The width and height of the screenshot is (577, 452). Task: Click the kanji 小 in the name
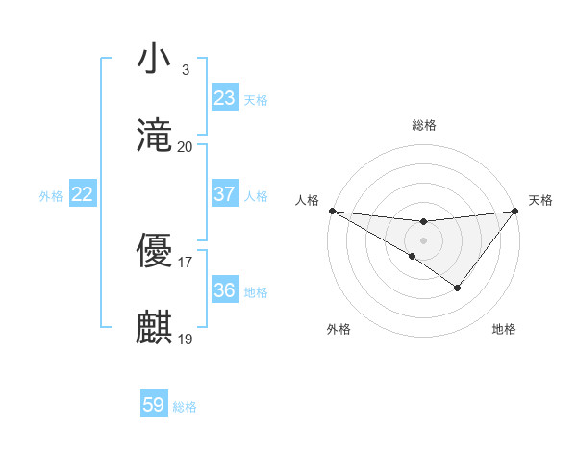point(155,60)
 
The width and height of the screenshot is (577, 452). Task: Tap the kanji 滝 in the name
point(155,136)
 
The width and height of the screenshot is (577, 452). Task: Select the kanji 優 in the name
point(155,249)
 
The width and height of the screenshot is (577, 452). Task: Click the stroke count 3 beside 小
point(185,70)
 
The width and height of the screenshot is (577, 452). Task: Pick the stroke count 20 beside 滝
point(185,147)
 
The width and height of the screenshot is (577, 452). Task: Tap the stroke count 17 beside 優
point(185,261)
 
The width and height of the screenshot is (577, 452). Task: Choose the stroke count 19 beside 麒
point(185,339)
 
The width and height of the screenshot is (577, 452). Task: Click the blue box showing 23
point(224,98)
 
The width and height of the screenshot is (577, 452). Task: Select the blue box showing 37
point(224,194)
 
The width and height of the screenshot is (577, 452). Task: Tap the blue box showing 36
point(224,290)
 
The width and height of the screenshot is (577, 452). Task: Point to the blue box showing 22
point(82,194)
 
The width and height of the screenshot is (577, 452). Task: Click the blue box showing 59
point(154,405)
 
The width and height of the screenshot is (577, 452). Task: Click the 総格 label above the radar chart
point(423,125)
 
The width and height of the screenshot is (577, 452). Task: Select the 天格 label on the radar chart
point(540,200)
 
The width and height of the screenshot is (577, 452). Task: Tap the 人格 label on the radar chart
point(307,200)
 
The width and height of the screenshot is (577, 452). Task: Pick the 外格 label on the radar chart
point(339,329)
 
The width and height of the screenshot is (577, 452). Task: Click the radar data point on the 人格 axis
point(331,210)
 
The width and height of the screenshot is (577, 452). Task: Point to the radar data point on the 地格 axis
point(458,288)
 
